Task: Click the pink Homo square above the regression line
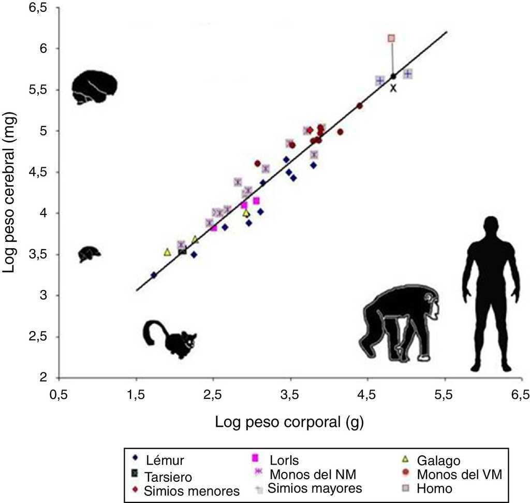tap(391, 38)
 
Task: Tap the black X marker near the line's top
tap(393, 88)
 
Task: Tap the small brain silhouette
tap(89, 254)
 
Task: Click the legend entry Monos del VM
tap(460, 473)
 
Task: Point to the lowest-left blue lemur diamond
tap(154, 275)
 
